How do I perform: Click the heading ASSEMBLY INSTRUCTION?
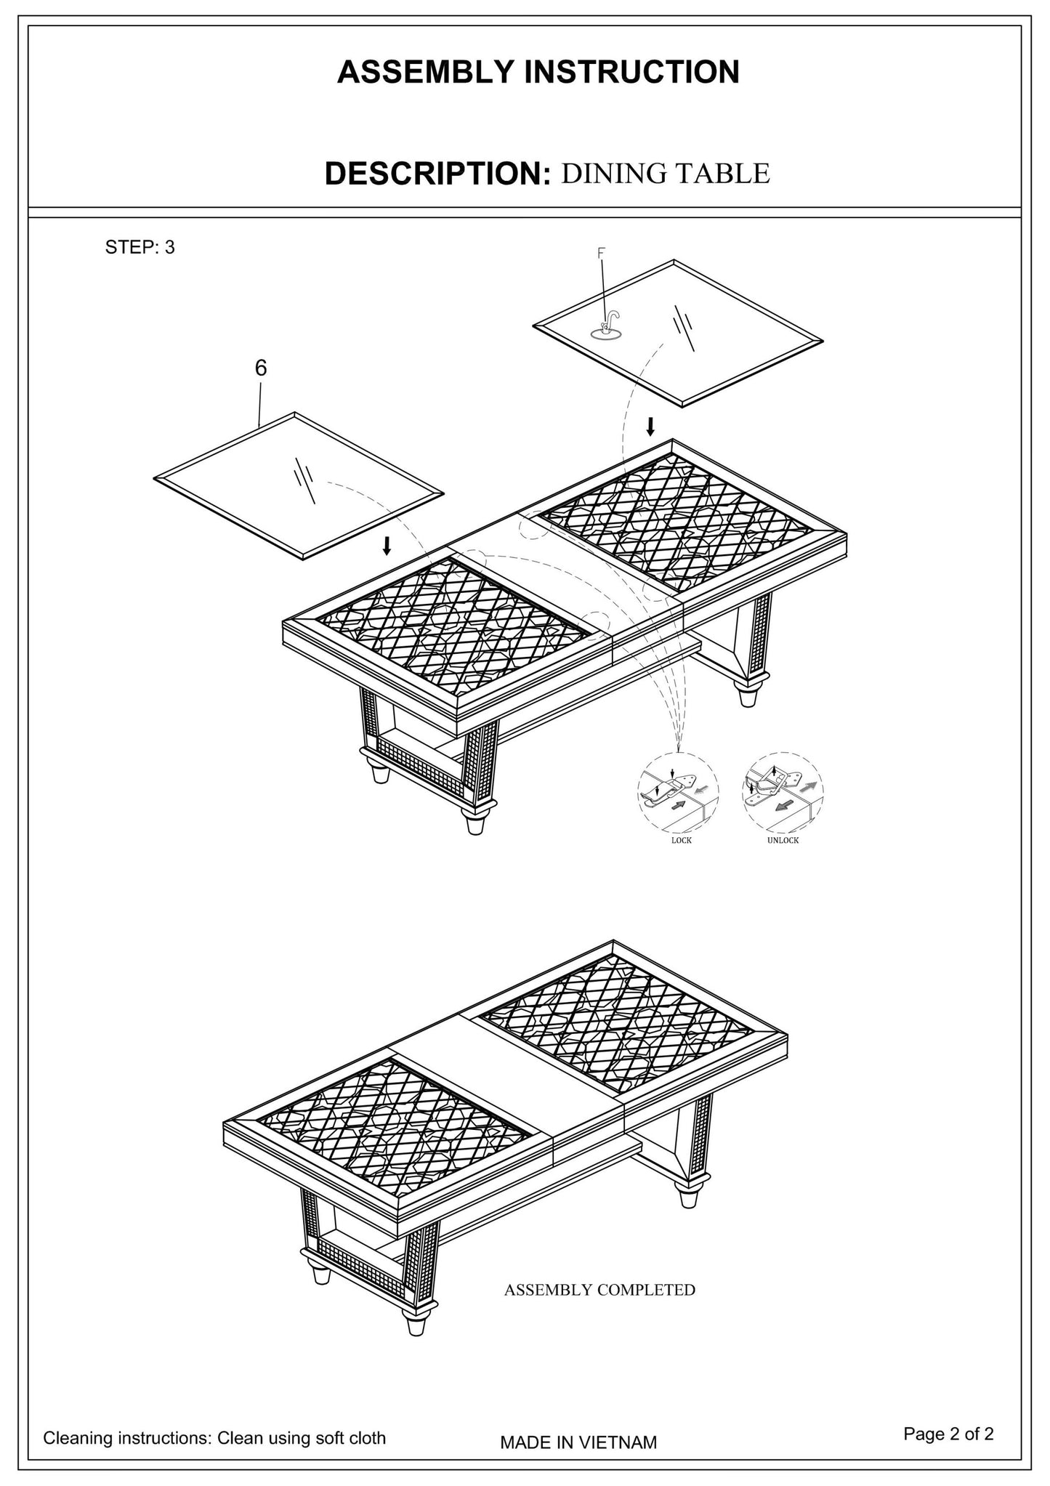point(538,72)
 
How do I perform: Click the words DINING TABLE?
point(665,174)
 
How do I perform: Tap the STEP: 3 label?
point(140,247)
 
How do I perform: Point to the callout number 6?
point(261,368)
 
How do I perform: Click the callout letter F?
point(601,253)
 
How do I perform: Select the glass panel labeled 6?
point(298,485)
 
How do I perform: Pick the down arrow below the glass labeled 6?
point(387,545)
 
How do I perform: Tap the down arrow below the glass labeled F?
point(650,426)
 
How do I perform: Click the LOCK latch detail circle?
point(678,792)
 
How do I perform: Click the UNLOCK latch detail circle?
point(783,792)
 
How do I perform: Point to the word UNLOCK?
point(783,840)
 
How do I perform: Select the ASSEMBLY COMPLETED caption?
point(599,1290)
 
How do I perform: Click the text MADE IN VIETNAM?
point(578,1442)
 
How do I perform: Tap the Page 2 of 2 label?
point(948,1433)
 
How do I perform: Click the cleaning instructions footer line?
point(214,1437)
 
